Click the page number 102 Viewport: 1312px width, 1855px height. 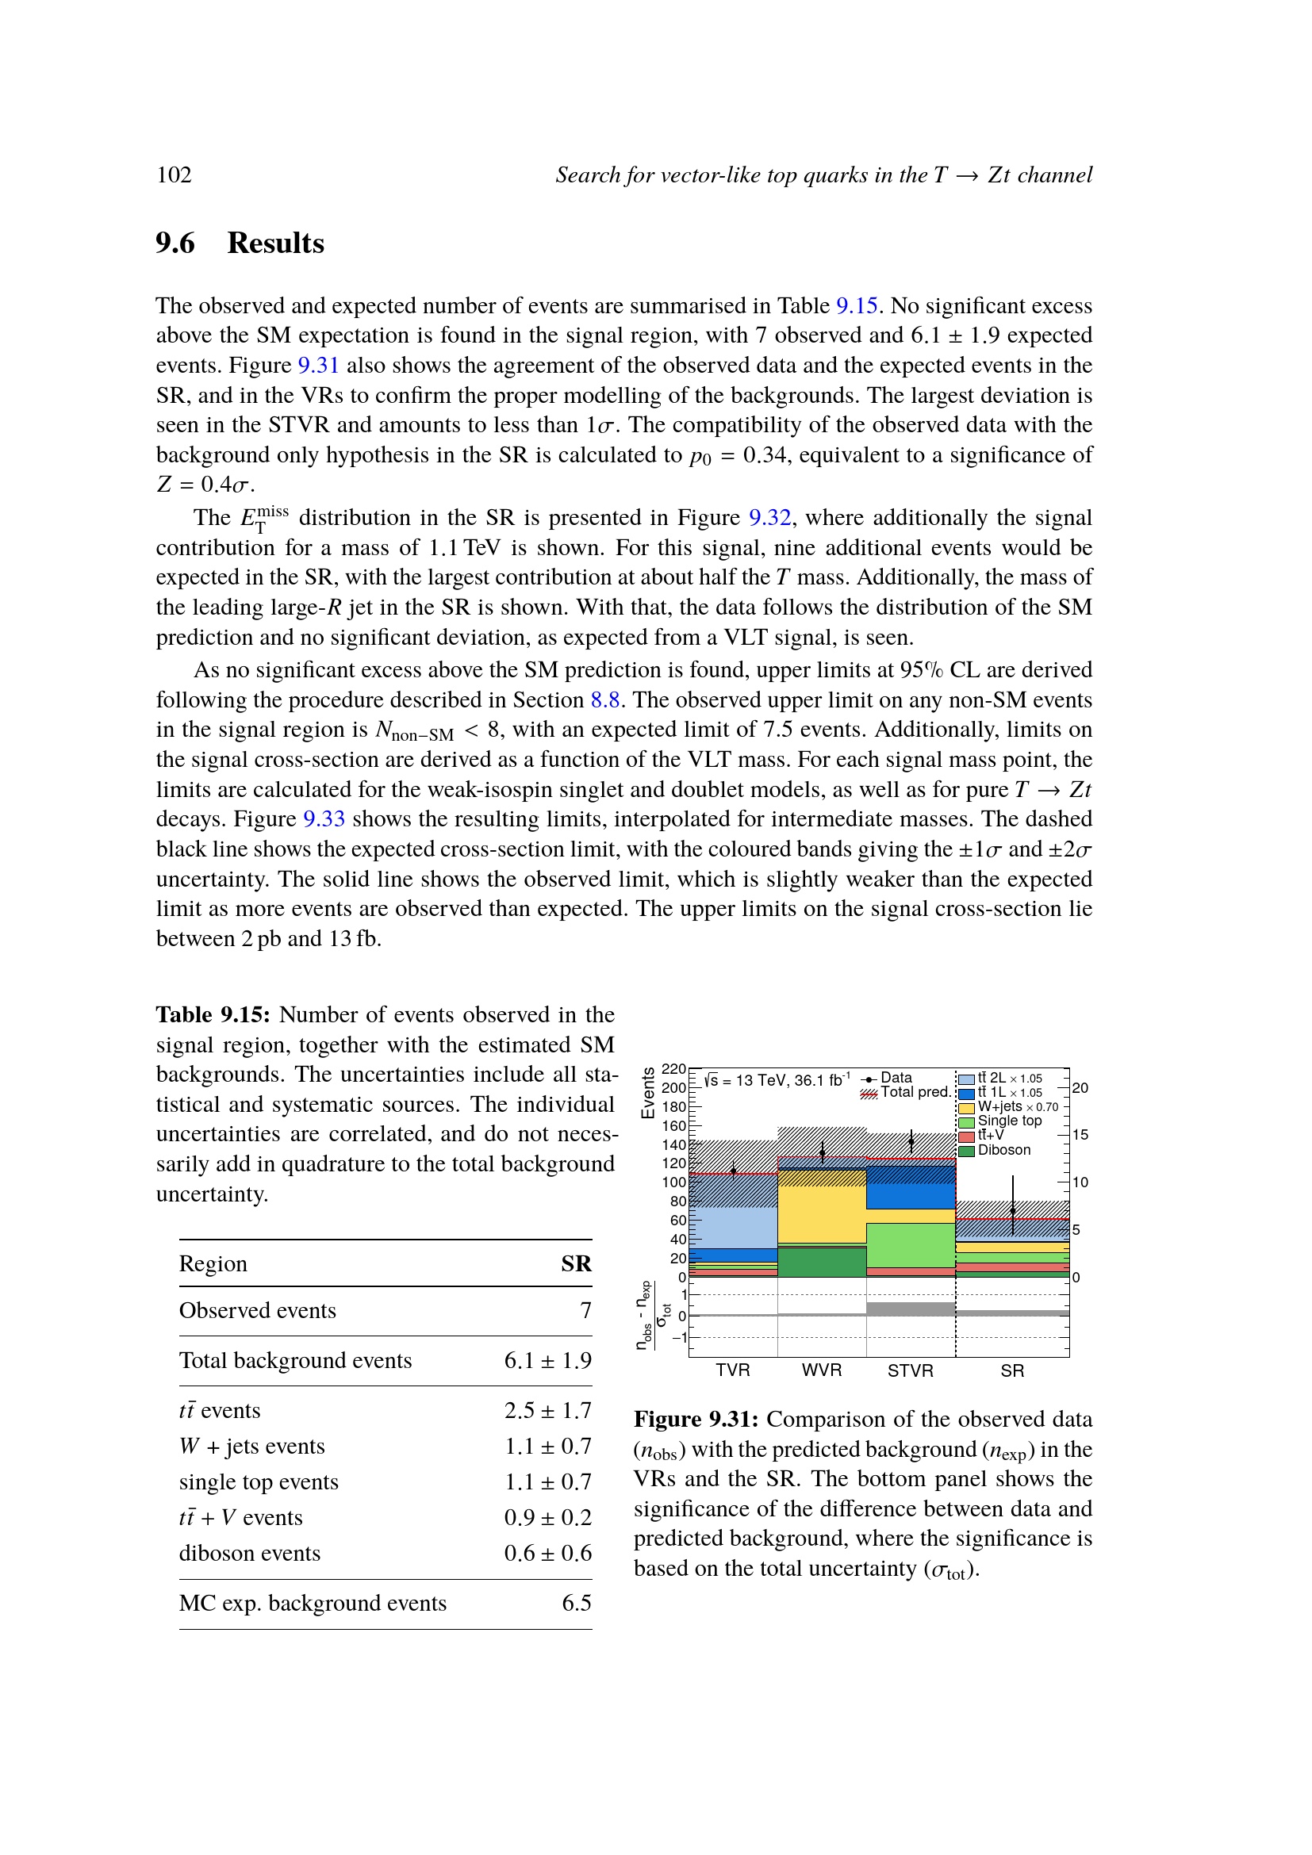coord(174,175)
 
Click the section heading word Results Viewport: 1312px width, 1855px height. coord(275,243)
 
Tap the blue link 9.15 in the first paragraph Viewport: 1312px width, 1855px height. coord(857,306)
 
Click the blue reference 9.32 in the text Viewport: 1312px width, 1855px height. coord(769,518)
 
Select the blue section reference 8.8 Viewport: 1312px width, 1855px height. coord(604,700)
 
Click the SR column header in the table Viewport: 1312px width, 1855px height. coord(576,1263)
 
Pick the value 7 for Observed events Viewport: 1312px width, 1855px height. coord(585,1310)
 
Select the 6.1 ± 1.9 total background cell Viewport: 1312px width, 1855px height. coord(548,1361)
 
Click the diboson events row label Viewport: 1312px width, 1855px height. coord(250,1553)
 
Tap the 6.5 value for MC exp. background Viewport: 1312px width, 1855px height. coord(576,1603)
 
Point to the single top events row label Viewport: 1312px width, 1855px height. coord(259,1481)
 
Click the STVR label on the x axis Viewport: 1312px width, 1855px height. coord(911,1370)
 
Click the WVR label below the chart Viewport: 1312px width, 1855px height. coord(822,1370)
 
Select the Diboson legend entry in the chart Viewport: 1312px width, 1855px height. coord(1003,1150)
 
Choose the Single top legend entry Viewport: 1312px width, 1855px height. coord(1009,1121)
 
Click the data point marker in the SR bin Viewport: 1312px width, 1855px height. coord(1012,1210)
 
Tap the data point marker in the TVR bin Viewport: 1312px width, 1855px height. coord(734,1171)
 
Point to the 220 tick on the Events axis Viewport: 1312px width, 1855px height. coord(673,1069)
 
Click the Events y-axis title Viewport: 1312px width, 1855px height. coord(647,1093)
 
